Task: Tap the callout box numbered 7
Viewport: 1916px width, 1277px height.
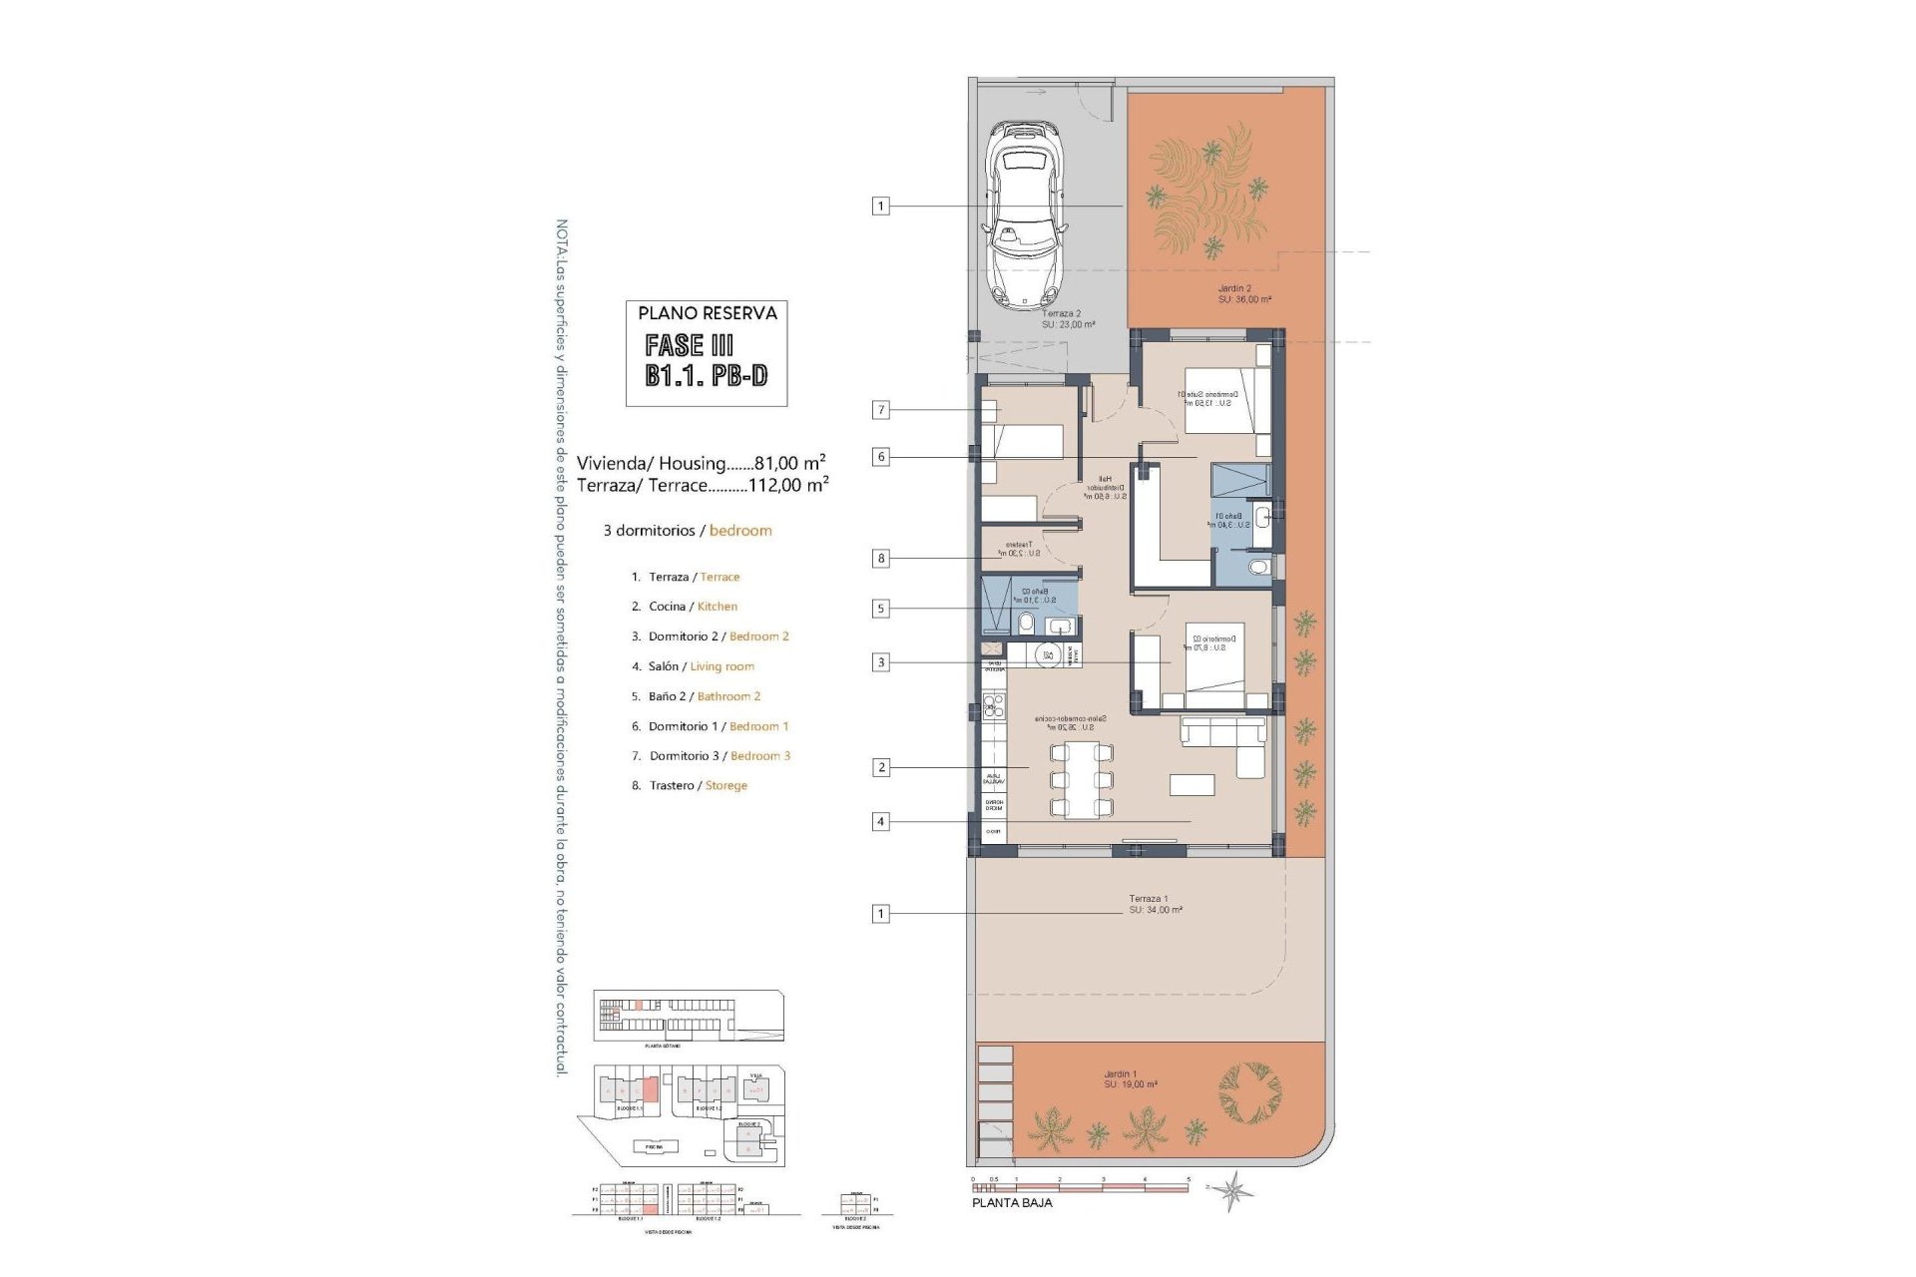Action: click(x=880, y=409)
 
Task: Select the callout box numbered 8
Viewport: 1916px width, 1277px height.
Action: click(x=880, y=559)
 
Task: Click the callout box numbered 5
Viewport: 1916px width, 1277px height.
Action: click(x=880, y=609)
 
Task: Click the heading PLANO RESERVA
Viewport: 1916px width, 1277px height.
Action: click(x=707, y=313)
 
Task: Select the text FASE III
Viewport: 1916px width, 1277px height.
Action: click(x=689, y=345)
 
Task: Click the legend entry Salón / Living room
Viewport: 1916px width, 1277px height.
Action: click(x=701, y=666)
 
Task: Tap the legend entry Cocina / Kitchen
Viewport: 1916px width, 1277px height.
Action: click(x=693, y=607)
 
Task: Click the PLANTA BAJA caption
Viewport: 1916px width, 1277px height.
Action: click(x=1012, y=1203)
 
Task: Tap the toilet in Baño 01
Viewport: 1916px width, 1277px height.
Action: click(x=1258, y=568)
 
